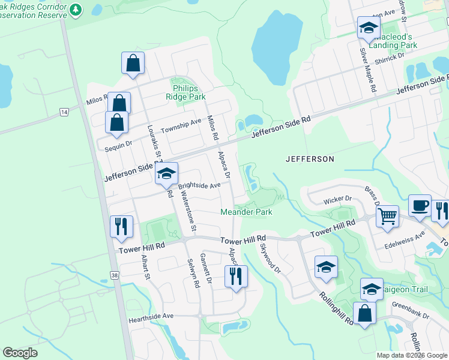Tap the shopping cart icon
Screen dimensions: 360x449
388,215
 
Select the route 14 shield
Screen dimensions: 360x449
64,112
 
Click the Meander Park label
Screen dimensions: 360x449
246,212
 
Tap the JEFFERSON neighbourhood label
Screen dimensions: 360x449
310,159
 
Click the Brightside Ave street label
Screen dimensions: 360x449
199,186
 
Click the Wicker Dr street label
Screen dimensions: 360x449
337,199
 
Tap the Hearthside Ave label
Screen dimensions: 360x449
151,316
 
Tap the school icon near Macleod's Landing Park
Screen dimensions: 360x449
369,28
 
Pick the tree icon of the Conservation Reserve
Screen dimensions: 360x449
75,10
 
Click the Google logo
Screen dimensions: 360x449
20,353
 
